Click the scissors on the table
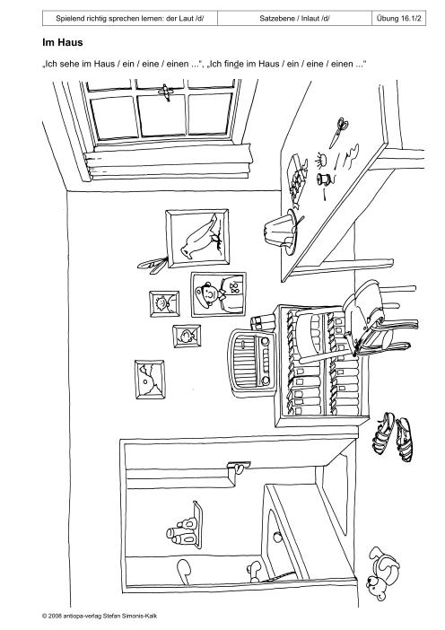click(x=338, y=132)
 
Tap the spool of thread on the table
click(x=322, y=179)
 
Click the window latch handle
click(x=165, y=92)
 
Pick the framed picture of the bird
click(x=197, y=238)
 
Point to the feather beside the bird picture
click(x=152, y=265)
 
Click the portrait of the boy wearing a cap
click(x=219, y=294)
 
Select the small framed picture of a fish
click(x=187, y=337)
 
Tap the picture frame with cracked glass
click(x=150, y=380)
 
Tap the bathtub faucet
click(x=254, y=571)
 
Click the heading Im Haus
click(x=63, y=42)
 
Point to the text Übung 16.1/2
click(x=399, y=18)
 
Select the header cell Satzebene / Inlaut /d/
click(x=295, y=18)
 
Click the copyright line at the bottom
click(x=100, y=616)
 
